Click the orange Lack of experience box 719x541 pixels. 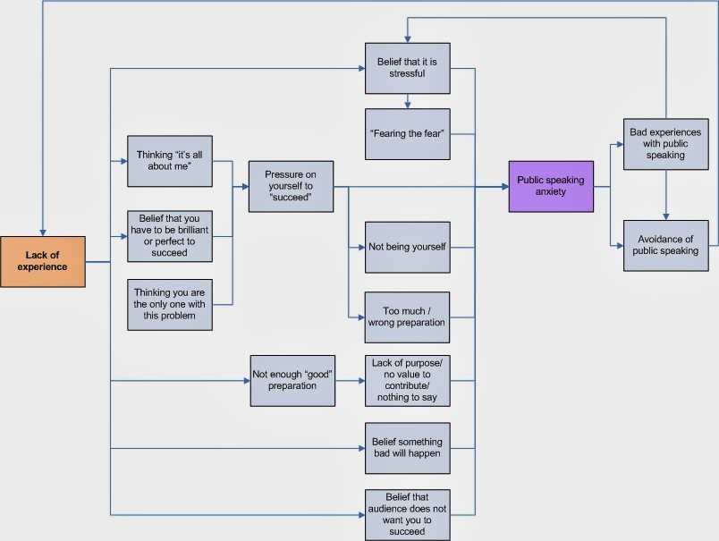43,261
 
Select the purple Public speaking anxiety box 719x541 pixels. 550,186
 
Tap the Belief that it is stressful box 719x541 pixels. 407,68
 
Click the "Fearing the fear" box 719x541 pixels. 407,134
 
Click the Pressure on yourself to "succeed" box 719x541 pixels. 291,186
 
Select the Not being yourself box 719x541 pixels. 407,246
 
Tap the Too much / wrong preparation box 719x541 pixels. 407,317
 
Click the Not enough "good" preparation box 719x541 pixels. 291,380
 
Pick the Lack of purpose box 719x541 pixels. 407,380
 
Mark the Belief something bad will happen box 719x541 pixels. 407,448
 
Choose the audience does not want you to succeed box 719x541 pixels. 407,514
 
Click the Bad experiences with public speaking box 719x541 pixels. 665,143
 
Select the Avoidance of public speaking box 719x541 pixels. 665,245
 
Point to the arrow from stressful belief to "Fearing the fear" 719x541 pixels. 407,101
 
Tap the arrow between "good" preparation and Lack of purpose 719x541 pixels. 349,380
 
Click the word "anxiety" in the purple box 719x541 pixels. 550,191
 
